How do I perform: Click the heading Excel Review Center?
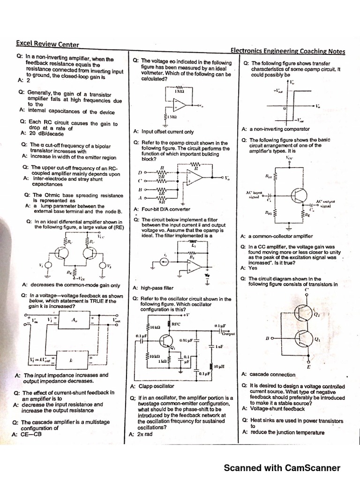coord(47,45)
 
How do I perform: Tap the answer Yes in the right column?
coord(253,268)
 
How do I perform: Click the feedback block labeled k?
coord(71,360)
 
